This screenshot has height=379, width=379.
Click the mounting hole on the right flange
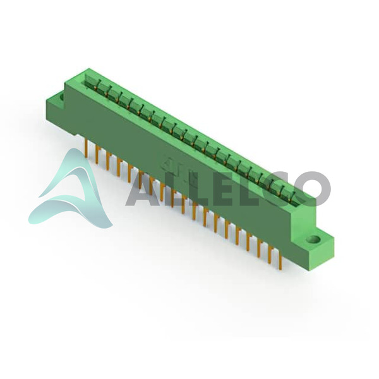313,240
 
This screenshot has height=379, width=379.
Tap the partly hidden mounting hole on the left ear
61,97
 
